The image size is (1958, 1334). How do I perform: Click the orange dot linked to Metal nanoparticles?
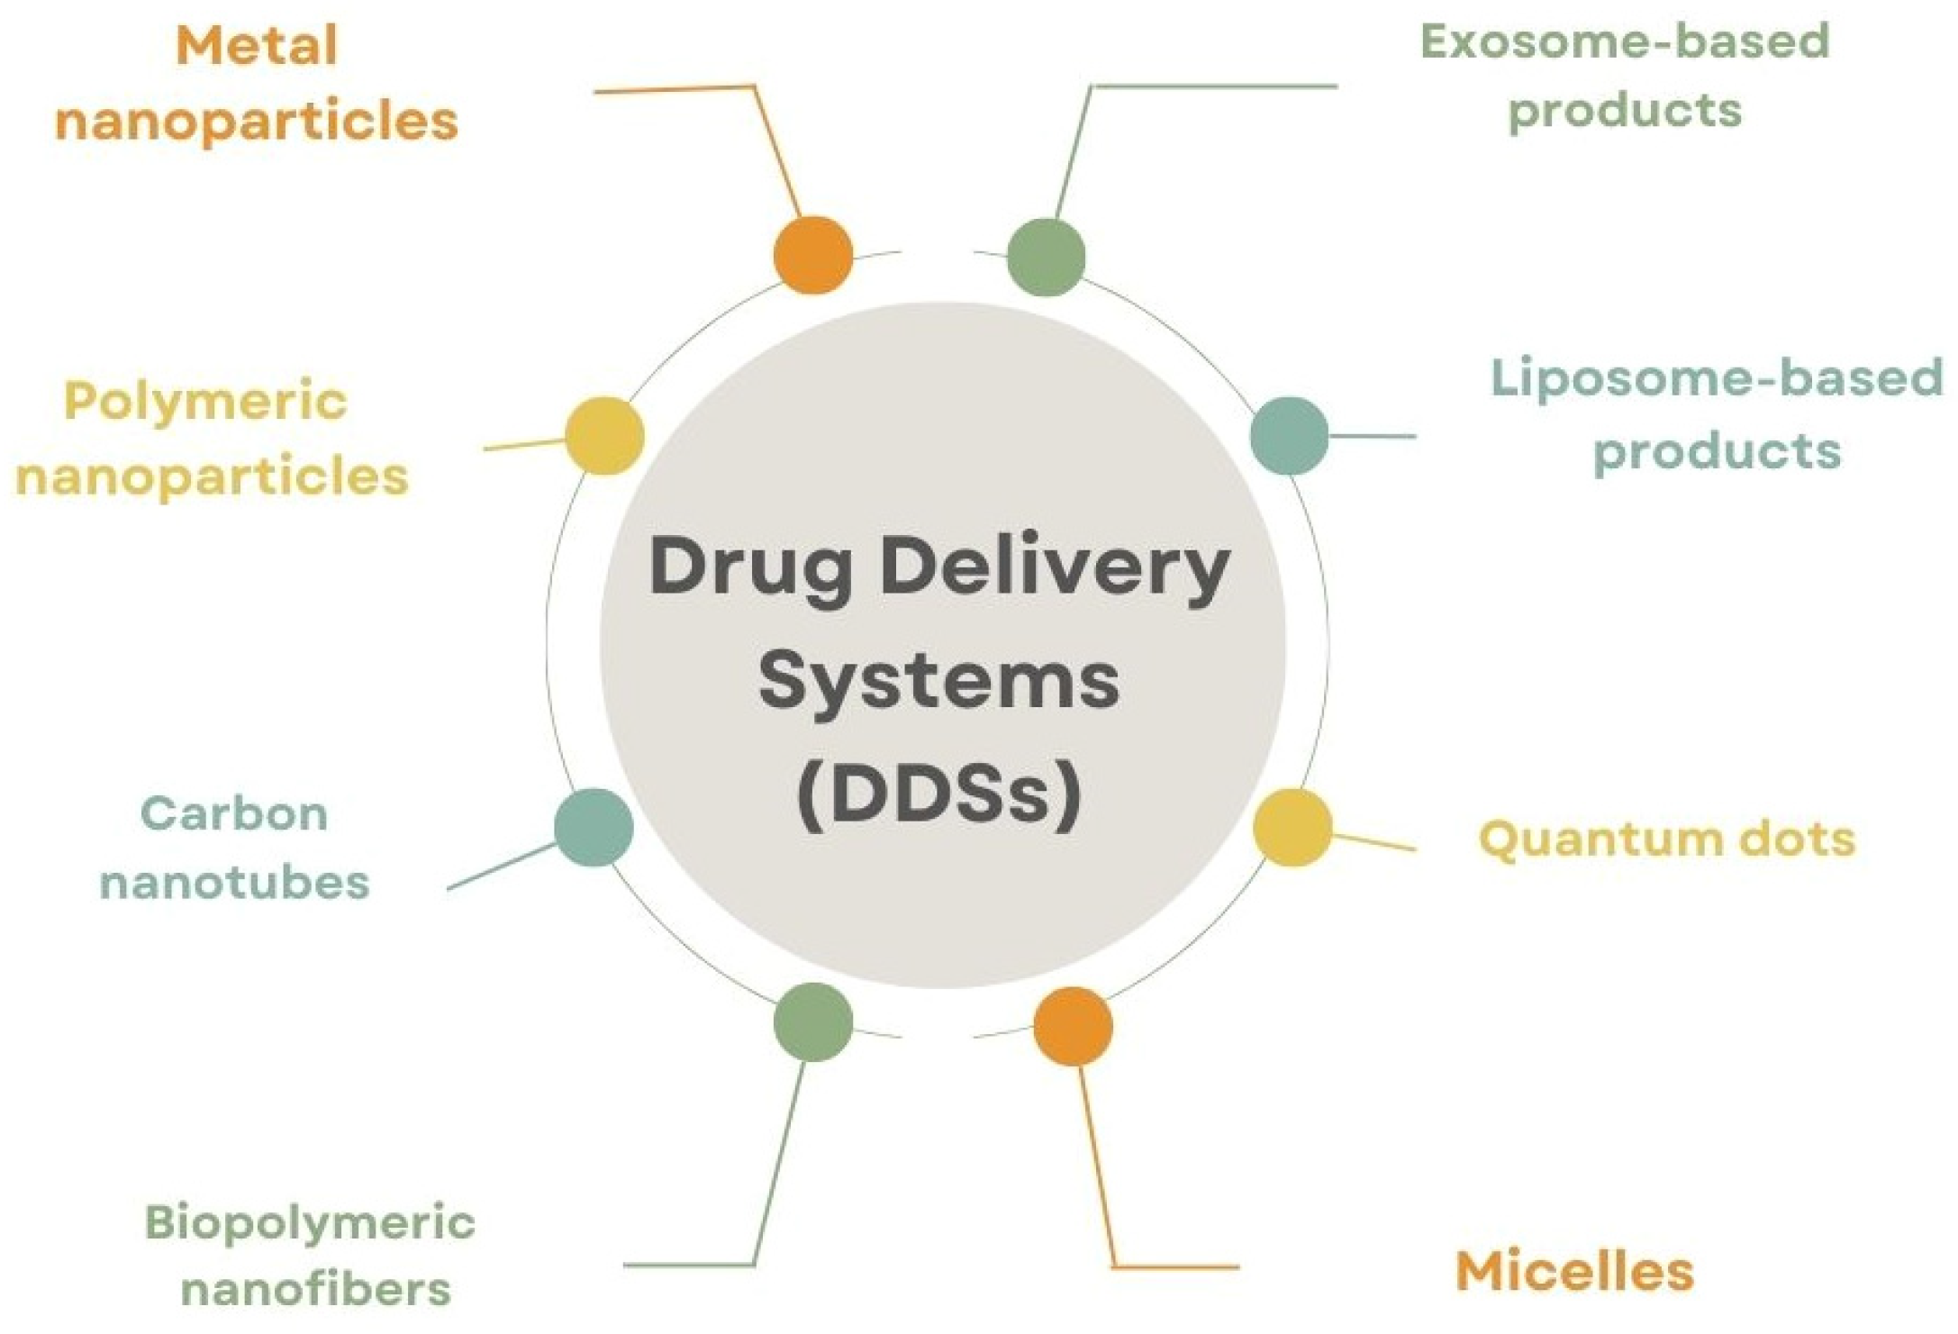[812, 255]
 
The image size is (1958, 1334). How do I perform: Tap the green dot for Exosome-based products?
[1046, 257]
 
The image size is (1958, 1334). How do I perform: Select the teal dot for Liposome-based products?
[1289, 436]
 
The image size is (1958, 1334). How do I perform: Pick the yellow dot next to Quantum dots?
[1292, 828]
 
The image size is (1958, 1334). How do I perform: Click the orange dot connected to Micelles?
[1073, 1026]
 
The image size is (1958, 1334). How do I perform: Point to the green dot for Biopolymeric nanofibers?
[812, 1021]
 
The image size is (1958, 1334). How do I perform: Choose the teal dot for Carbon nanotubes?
[594, 828]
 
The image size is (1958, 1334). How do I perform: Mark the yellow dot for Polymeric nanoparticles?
[604, 436]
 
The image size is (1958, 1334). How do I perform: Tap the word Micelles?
[1574, 1272]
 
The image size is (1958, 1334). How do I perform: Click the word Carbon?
[234, 813]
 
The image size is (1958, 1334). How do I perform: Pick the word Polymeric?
[205, 403]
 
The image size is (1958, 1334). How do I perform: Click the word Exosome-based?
[1625, 41]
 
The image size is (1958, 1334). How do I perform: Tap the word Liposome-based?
[1717, 378]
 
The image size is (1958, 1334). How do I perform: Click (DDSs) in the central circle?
[939, 793]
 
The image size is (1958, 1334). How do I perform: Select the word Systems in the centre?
[939, 682]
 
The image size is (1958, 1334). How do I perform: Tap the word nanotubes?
[234, 882]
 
